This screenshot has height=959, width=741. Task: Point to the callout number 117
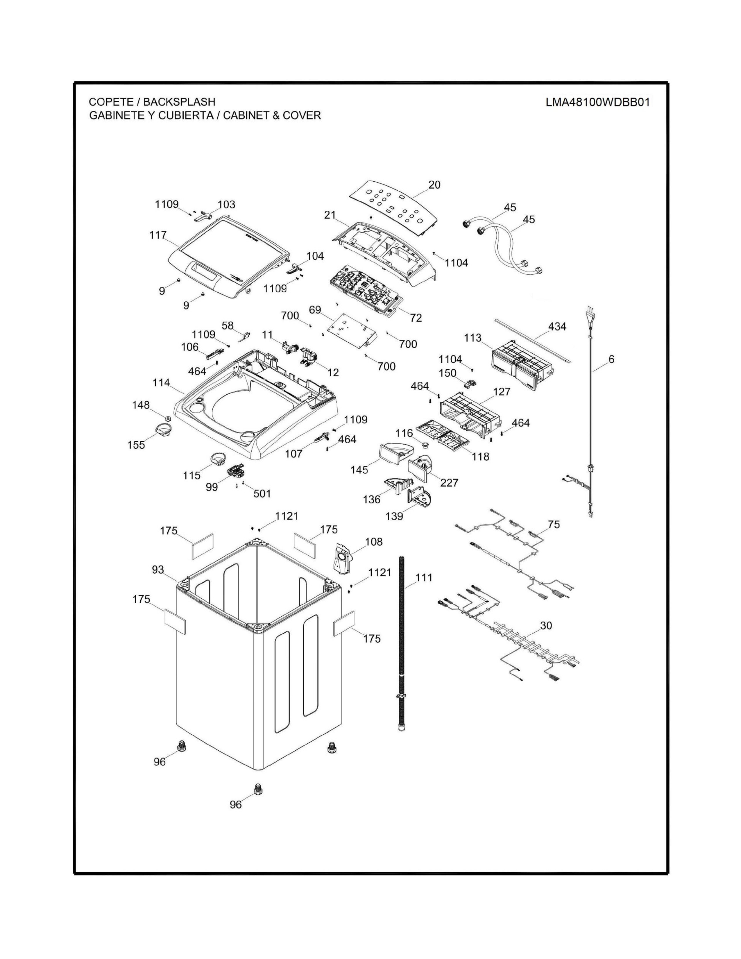pos(157,235)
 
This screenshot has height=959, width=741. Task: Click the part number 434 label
pos(557,326)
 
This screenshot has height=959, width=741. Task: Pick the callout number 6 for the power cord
pos(611,359)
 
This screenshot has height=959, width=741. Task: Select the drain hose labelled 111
pos(401,644)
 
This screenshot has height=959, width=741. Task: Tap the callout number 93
pos(157,570)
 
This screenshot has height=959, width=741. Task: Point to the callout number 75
pos(554,524)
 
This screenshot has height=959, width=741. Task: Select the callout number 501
pos(262,493)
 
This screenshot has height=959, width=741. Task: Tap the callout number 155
pos(136,445)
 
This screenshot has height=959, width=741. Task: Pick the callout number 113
pos(473,338)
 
